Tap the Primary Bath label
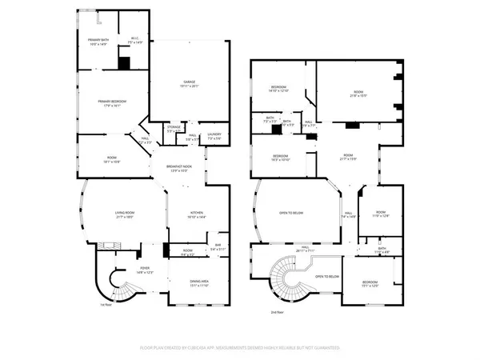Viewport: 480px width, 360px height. pos(98,41)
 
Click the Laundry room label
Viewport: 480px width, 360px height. pos(214,136)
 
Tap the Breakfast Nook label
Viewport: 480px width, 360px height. pos(182,168)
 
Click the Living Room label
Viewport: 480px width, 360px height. pos(122,214)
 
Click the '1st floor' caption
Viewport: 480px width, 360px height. pos(105,305)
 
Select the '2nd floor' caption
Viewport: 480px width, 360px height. pos(276,314)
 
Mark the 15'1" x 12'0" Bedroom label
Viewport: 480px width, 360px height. pos(370,285)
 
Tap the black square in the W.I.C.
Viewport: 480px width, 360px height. pos(124,62)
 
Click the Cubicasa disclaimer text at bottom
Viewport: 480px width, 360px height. pos(240,348)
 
